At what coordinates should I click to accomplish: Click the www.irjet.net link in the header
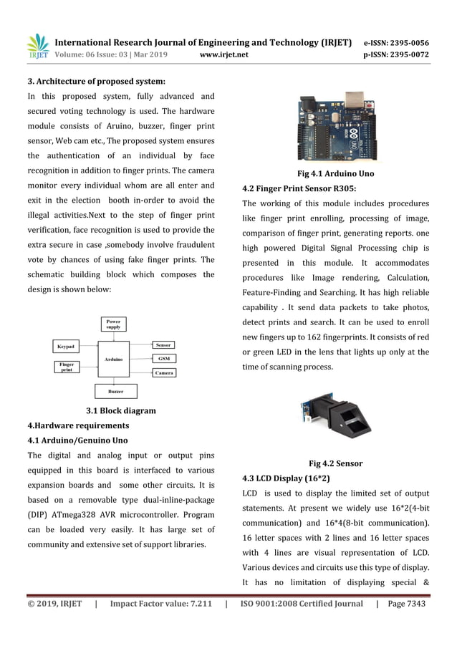[x=224, y=54]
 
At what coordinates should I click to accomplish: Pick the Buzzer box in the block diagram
[x=115, y=391]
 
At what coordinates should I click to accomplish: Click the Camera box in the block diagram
[x=164, y=372]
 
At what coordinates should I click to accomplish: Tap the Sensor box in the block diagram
[x=163, y=345]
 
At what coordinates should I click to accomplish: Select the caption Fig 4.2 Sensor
[x=335, y=463]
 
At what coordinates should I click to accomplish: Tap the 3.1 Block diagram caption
[x=120, y=410]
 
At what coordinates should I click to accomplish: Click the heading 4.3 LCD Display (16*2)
[x=287, y=478]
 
